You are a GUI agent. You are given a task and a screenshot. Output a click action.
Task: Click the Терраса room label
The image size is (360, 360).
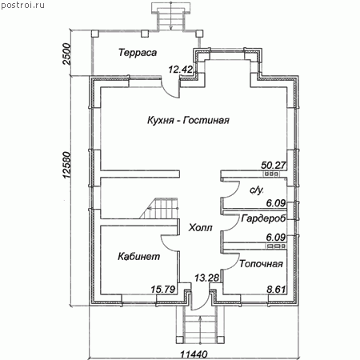pyautogui.click(x=138, y=53)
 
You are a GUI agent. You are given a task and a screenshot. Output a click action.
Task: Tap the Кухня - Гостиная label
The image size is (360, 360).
pyautogui.click(x=188, y=120)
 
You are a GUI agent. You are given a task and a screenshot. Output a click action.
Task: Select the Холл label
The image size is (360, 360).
pyautogui.click(x=200, y=228)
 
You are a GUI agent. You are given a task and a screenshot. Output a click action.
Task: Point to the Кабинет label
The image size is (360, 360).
pyautogui.click(x=139, y=257)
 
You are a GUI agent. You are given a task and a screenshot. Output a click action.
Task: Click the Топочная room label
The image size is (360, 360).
pyautogui.click(x=261, y=264)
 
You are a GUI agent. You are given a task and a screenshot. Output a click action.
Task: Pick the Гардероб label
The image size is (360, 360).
pyautogui.click(x=263, y=218)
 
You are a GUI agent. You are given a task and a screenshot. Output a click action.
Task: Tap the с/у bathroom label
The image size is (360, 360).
pyautogui.click(x=257, y=190)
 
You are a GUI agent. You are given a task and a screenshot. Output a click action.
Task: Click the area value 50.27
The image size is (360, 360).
pyautogui.click(x=274, y=166)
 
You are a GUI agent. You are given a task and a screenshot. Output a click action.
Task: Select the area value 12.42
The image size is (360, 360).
pyautogui.click(x=181, y=70)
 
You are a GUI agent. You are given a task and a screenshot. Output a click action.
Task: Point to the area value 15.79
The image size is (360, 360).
pyautogui.click(x=163, y=290)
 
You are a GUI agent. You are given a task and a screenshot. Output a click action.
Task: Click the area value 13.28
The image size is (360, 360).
pyautogui.click(x=206, y=278)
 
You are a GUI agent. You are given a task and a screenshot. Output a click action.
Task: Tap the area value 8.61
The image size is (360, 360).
pyautogui.click(x=276, y=290)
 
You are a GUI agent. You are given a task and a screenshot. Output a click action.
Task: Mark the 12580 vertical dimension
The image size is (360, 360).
pyautogui.click(x=66, y=166)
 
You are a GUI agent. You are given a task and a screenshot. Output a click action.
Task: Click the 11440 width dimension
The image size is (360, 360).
pyautogui.click(x=194, y=355)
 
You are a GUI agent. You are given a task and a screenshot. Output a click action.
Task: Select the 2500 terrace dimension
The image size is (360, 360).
pyautogui.click(x=66, y=54)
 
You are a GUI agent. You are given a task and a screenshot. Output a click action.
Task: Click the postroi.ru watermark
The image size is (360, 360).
pyautogui.click(x=22, y=5)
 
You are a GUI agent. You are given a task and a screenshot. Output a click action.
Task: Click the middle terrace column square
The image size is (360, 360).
pyautogui.click(x=145, y=34)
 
